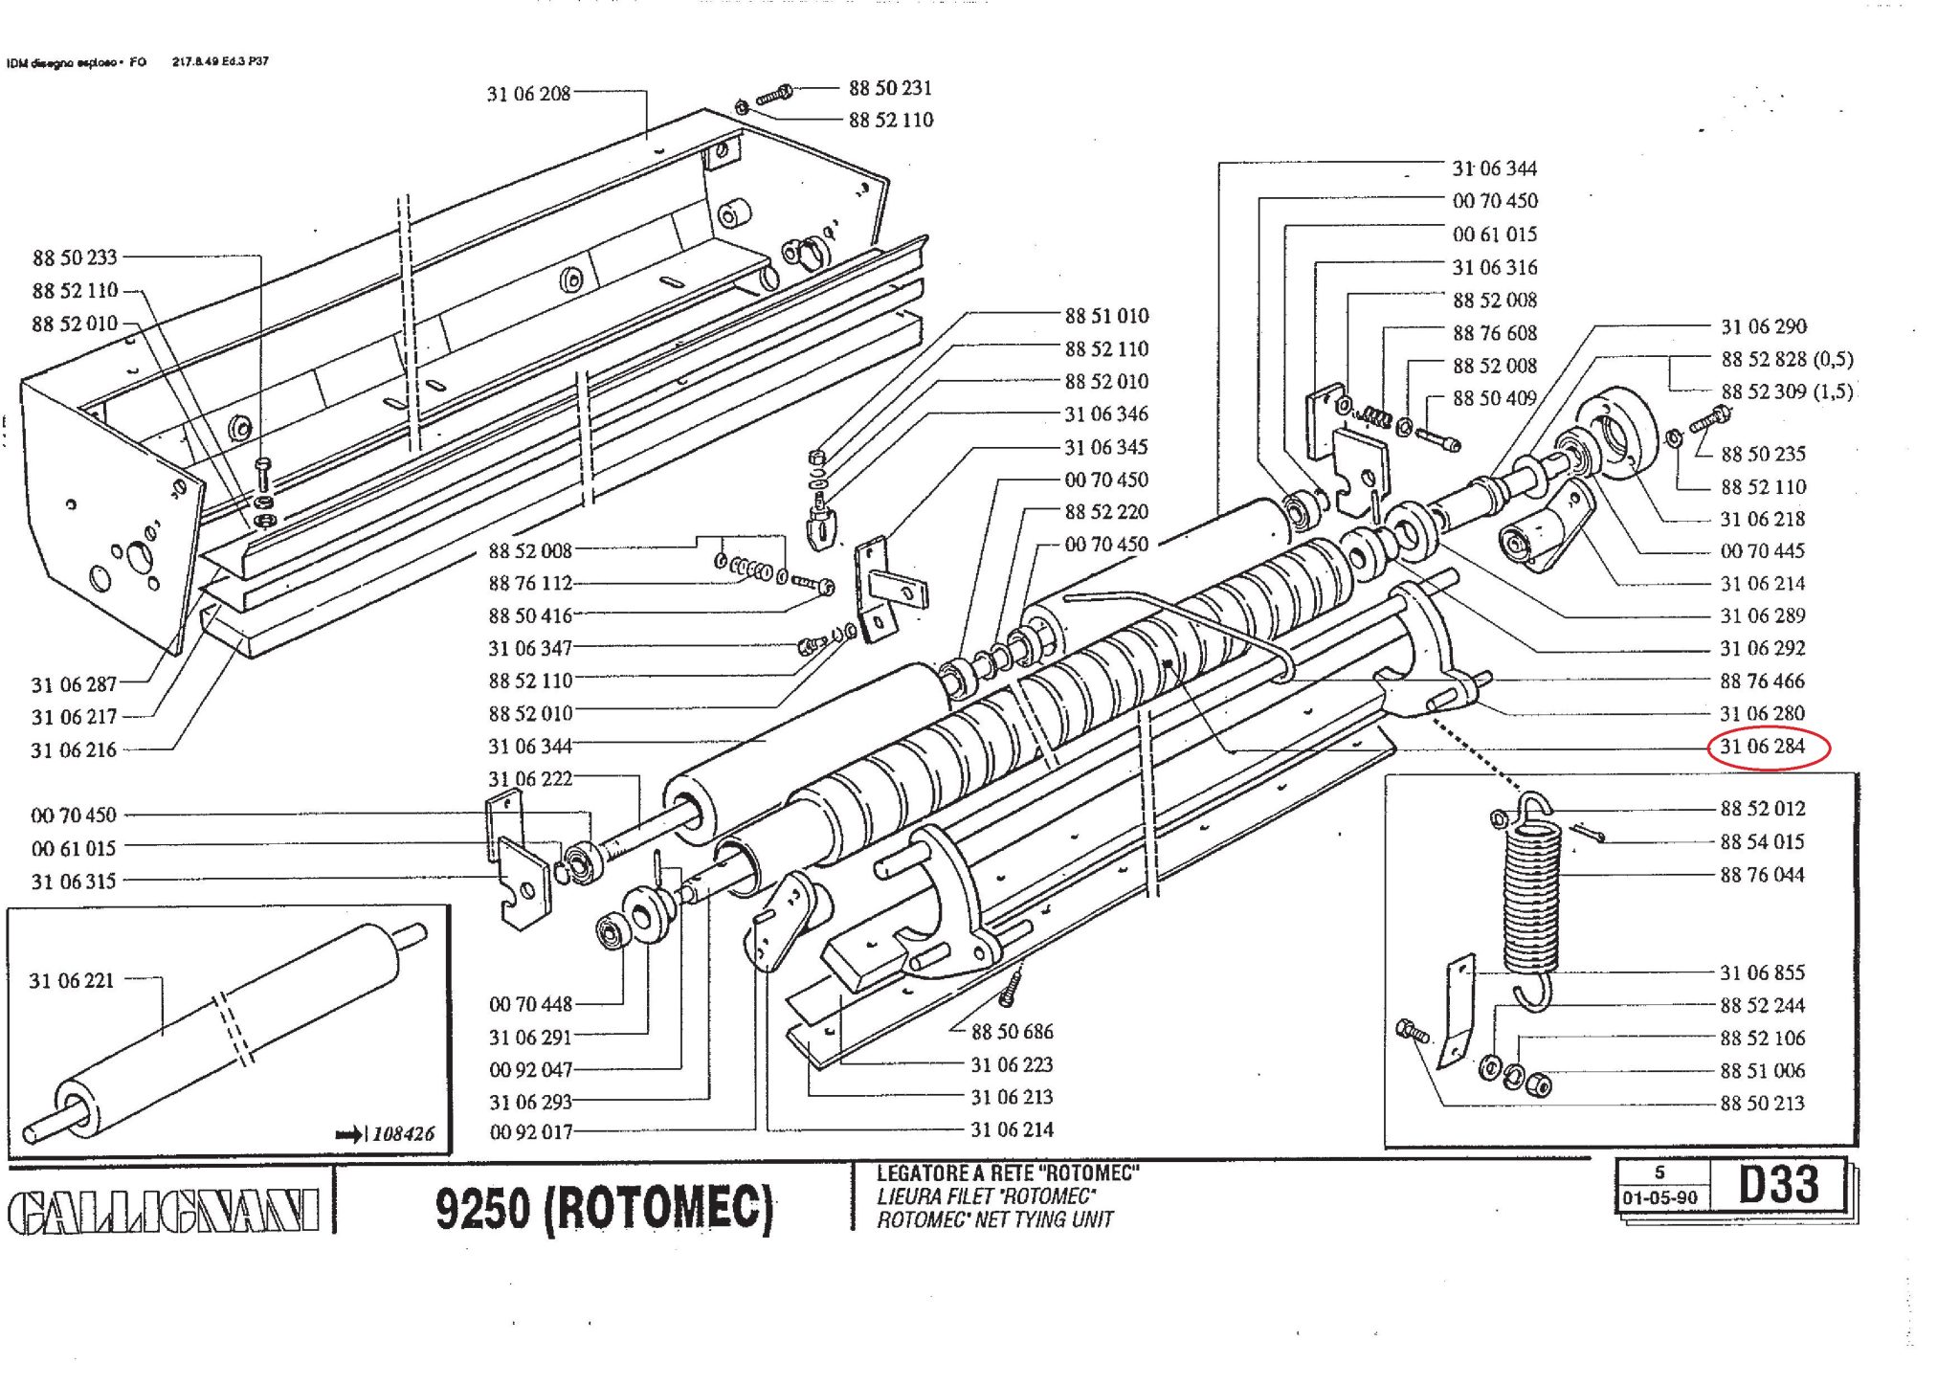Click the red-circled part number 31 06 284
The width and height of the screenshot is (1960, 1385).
pos(1762,747)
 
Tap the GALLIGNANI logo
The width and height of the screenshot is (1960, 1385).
pos(164,1213)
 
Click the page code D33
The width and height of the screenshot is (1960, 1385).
pos(1778,1184)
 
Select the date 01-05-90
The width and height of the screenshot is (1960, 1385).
pos(1659,1197)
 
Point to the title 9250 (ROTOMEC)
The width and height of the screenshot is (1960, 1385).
pos(604,1208)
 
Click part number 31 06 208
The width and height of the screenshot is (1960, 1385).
pos(528,94)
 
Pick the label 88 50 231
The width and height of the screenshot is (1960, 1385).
pos(890,88)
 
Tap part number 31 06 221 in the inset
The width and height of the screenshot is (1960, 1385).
pos(72,980)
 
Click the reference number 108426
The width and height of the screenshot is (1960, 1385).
pos(403,1134)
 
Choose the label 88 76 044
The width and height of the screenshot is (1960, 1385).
pos(1762,875)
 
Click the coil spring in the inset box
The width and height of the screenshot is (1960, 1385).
pos(1532,901)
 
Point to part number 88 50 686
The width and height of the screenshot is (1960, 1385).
pos(1012,1032)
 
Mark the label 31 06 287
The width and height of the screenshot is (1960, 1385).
pos(74,684)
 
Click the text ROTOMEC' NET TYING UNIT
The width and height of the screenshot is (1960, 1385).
pos(995,1220)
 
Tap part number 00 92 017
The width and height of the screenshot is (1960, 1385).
pos(531,1132)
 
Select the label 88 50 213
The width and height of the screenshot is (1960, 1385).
pos(1762,1104)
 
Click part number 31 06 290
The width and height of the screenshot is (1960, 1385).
pos(1764,326)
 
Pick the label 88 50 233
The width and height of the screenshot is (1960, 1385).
pos(75,257)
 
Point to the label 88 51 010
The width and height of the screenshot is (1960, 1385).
pos(1106,316)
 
